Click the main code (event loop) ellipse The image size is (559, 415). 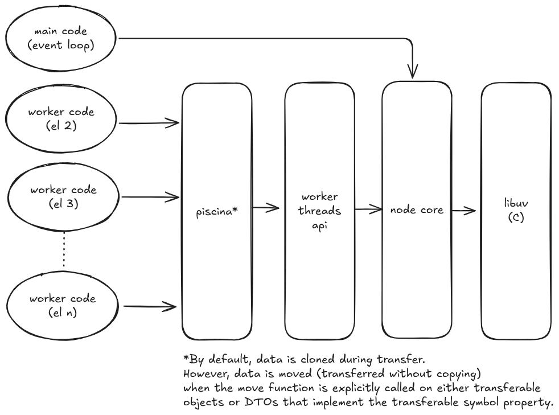pos(61,39)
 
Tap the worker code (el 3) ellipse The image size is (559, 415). pos(64,197)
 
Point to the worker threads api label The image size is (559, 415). pos(320,211)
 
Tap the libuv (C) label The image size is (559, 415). pos(515,211)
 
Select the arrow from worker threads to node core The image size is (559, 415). pos(368,209)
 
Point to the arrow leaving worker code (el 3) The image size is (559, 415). pos(149,198)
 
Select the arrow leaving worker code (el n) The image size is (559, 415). pos(149,307)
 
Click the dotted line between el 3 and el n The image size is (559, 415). pos(64,251)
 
